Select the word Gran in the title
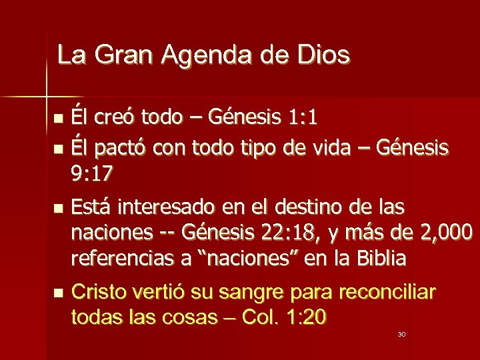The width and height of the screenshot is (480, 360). [124, 55]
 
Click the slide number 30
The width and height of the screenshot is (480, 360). [401, 334]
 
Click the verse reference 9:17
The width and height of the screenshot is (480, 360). [91, 175]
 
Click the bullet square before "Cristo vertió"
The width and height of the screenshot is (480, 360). [59, 293]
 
